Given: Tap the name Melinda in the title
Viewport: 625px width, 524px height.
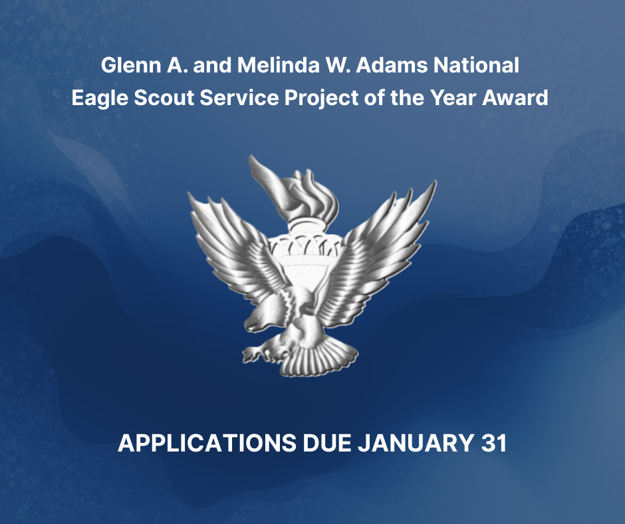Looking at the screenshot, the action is pos(278,65).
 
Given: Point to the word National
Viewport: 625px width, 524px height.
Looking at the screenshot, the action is pos(476,65).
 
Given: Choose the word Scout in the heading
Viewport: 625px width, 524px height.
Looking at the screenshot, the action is pos(164,98).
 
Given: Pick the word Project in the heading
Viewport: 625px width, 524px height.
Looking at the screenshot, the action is pos(321,98).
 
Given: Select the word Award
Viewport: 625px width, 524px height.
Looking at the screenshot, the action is pos(515,98).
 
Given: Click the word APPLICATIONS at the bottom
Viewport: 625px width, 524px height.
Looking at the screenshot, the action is pos(207,443).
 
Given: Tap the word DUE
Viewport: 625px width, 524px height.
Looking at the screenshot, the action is pos(327,443).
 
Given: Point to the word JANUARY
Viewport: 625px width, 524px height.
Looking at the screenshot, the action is pos(416,443).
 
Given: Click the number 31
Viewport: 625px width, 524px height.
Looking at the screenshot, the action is pos(493,443).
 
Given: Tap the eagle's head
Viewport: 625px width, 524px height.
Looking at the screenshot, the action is pos(259,317).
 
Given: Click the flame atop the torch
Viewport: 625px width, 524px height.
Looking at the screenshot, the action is pos(295,188).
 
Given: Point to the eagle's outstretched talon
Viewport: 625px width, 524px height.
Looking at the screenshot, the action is pos(255,354).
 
